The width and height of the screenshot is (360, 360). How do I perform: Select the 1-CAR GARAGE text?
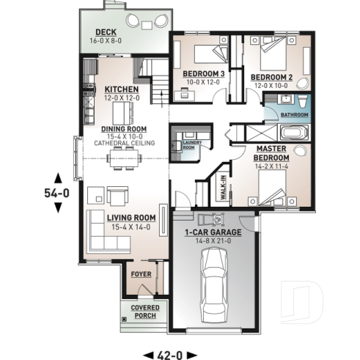[213, 233]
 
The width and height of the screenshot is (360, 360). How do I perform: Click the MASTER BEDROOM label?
[271, 153]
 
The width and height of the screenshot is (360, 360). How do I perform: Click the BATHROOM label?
[294, 115]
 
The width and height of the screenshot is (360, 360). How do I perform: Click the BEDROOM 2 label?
[271, 78]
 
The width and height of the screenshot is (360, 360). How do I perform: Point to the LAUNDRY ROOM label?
[190, 145]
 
